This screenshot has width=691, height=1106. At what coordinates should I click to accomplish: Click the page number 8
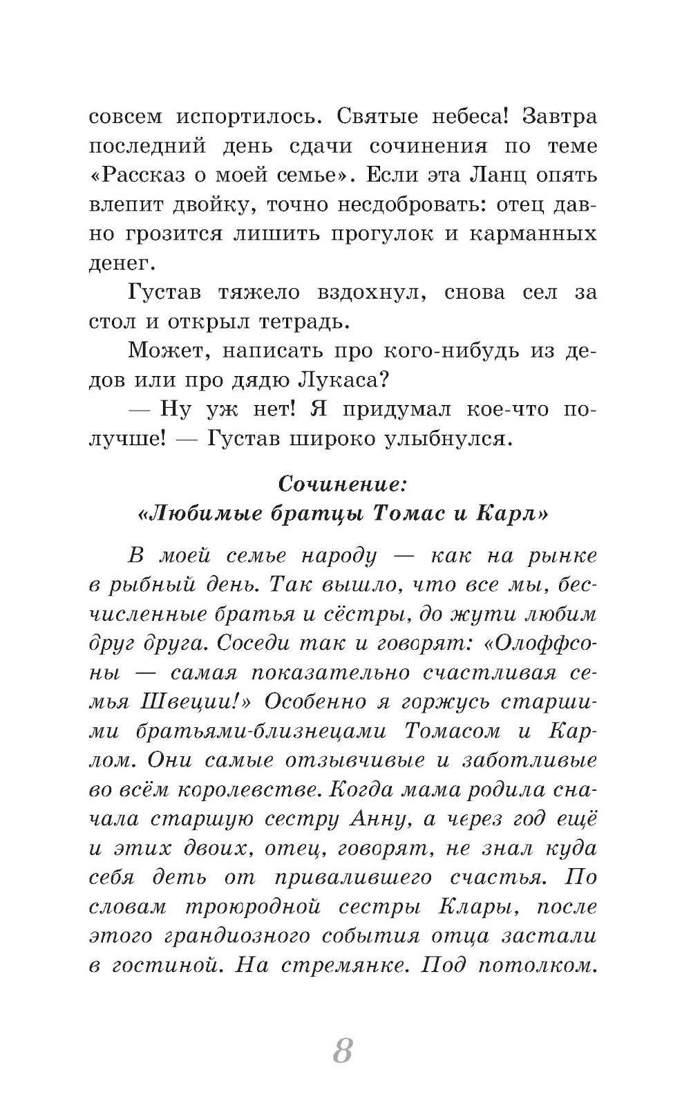pyautogui.click(x=343, y=1051)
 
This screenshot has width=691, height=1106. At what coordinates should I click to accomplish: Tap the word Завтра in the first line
pyautogui.click(x=560, y=117)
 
